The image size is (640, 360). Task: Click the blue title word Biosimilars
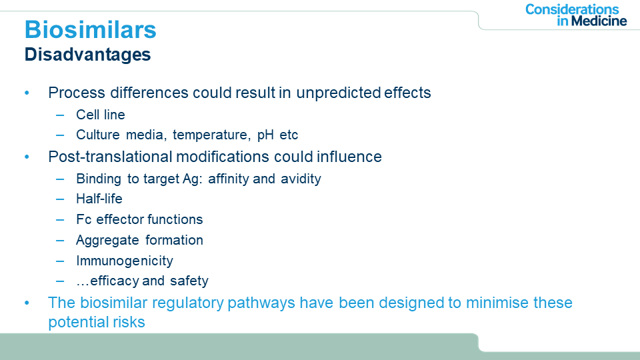(90, 30)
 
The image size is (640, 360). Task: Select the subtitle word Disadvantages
(88, 55)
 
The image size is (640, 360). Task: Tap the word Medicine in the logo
(599, 21)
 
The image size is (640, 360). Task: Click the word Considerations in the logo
(572, 9)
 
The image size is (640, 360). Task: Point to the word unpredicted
(339, 93)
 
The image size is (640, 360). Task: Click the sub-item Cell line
(101, 115)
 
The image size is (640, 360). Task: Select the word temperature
(210, 135)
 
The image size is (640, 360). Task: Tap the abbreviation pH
(265, 135)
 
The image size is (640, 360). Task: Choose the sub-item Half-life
(99, 199)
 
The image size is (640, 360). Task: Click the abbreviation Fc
(84, 219)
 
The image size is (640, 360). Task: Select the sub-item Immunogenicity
(125, 261)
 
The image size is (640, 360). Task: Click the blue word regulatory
(187, 303)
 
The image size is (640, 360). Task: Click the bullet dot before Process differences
(27, 93)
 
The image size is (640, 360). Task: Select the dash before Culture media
(60, 135)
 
